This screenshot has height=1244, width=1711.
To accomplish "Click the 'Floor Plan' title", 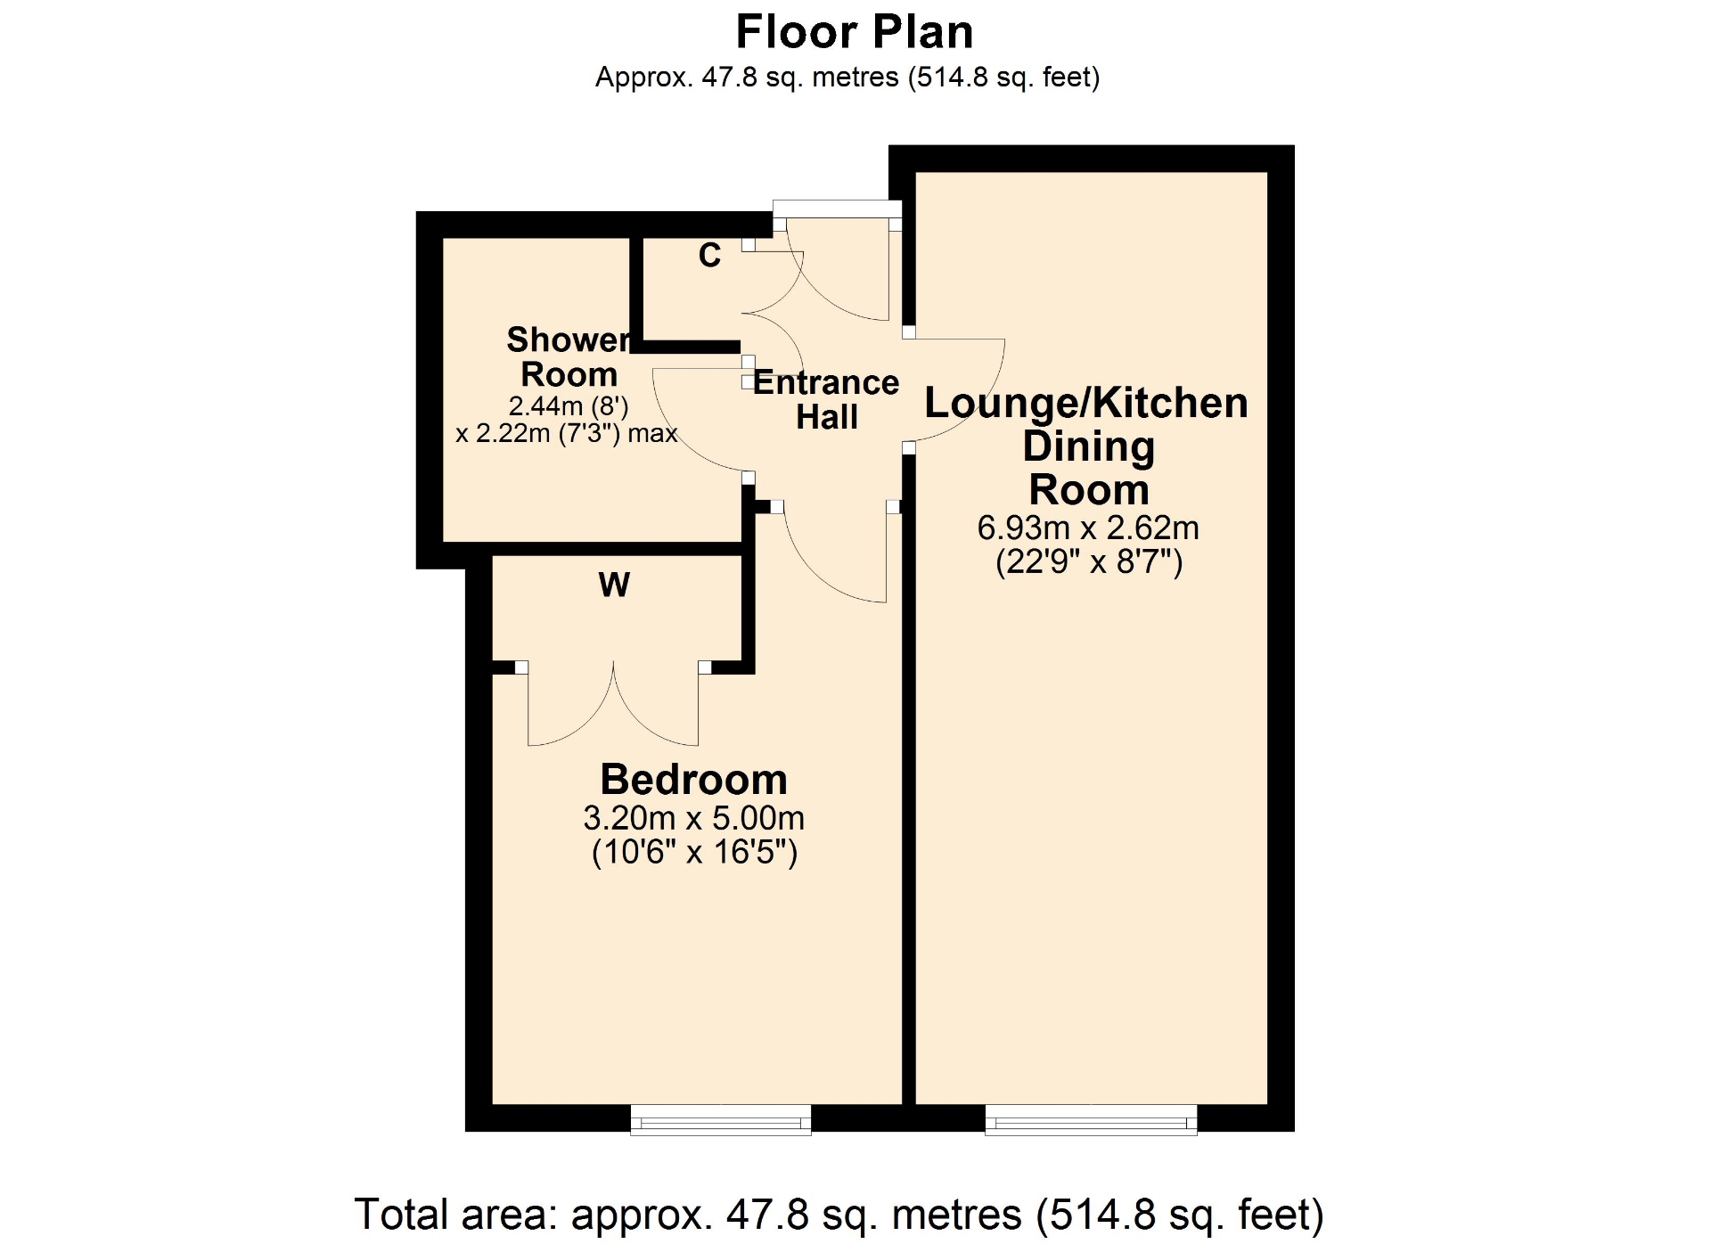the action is click(x=855, y=32).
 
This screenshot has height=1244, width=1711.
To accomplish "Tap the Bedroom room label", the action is click(x=694, y=780).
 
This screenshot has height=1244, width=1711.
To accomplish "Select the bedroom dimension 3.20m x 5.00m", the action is click(x=694, y=818).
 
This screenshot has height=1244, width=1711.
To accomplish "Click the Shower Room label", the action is click(x=569, y=357).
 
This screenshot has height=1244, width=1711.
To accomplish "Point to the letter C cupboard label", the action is click(x=709, y=256).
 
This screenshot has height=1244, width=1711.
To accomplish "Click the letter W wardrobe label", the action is click(x=614, y=585).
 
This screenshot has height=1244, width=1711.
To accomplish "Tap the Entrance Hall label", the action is click(x=826, y=400).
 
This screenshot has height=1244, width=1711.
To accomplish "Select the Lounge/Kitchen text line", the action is click(x=1086, y=404).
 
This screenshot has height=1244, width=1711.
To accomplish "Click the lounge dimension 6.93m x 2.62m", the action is click(x=1088, y=528).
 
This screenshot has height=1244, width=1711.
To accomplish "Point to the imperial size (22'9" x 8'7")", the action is click(x=1089, y=562).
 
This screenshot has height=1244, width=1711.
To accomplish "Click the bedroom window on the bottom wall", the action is click(x=721, y=1119).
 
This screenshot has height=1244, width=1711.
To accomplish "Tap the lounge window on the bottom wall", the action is click(x=1091, y=1119).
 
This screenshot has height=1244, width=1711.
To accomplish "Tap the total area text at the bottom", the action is click(x=839, y=1215).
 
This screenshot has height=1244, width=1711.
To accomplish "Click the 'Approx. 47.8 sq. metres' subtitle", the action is click(x=847, y=78).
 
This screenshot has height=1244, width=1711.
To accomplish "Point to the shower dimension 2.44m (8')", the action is click(x=569, y=406).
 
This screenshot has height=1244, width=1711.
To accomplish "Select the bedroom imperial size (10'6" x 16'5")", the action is click(x=694, y=853).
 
